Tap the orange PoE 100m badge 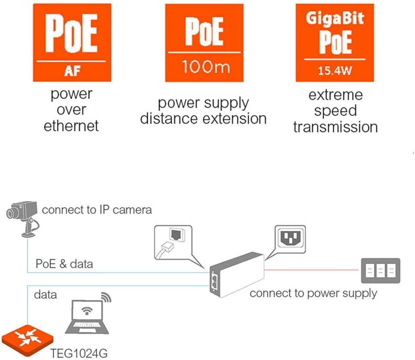[204, 43]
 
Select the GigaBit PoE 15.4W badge [335, 43]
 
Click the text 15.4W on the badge [335, 71]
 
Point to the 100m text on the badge [204, 68]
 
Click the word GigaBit [335, 18]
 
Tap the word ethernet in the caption [71, 126]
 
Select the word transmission [335, 127]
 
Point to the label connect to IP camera [97, 210]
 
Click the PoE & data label [64, 264]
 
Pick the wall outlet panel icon [380, 270]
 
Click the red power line [312, 269]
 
